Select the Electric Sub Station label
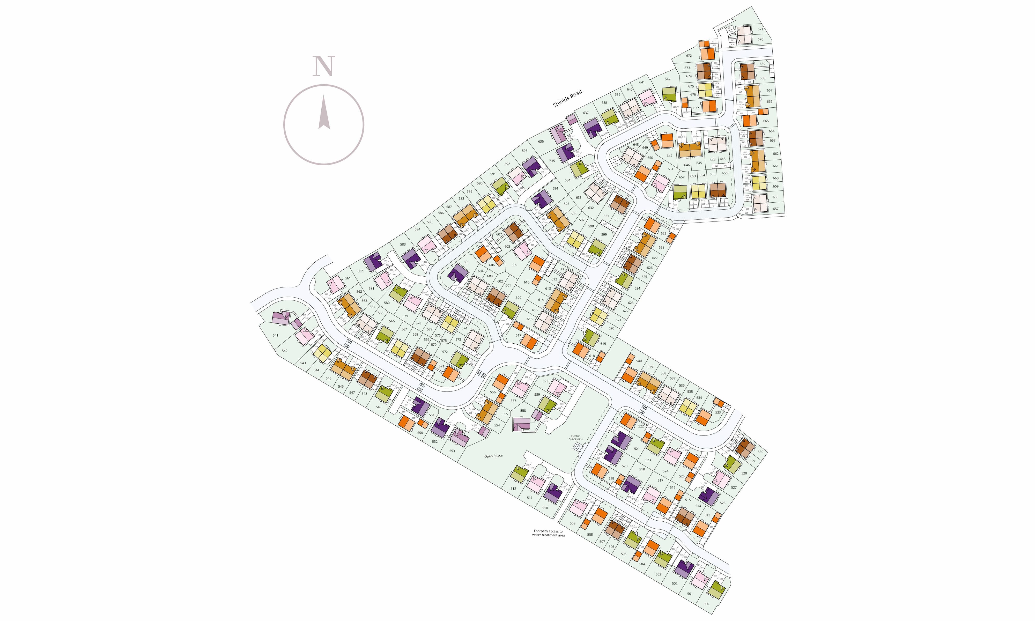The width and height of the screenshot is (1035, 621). tap(576, 438)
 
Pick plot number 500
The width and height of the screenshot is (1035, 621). tap(706, 604)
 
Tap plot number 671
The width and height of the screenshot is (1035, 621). tap(760, 29)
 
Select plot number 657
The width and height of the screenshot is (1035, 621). tap(776, 209)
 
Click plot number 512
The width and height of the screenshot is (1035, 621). tap(513, 488)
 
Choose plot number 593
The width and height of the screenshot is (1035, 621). tap(524, 151)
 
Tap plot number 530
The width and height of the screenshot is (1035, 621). tap(760, 452)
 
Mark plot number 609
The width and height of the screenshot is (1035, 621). tap(514, 265)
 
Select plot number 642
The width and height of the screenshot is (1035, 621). tap(667, 79)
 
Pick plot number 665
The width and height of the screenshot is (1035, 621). tap(766, 121)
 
